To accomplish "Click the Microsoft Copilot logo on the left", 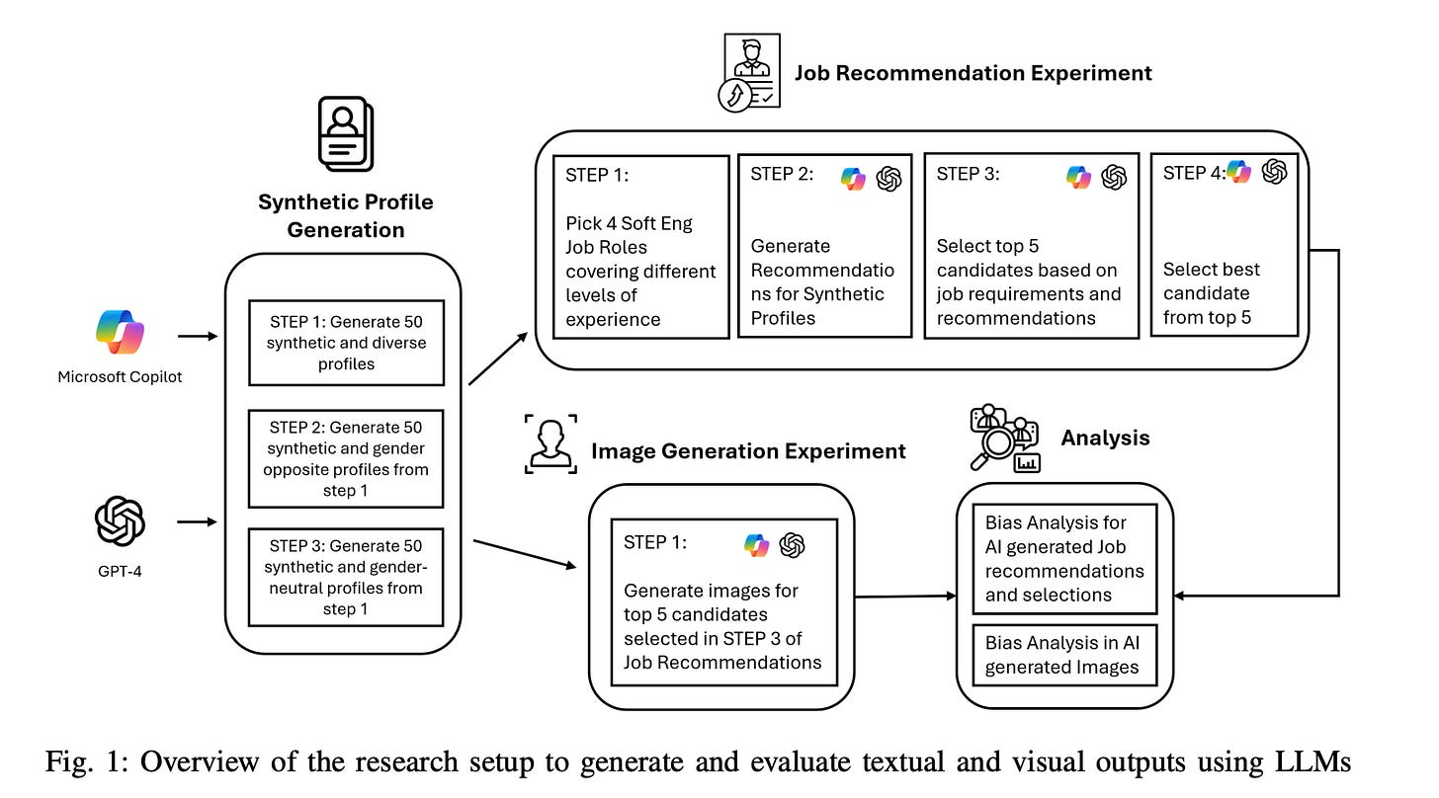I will coord(121,333).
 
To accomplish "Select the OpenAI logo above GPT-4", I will coord(120,521).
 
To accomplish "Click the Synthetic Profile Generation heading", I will coord(345,215).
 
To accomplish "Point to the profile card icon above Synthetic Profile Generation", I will coord(345,135).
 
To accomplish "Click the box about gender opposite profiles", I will coord(346,459).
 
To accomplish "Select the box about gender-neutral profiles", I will coord(346,577).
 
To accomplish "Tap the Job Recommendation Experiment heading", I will coord(973,72).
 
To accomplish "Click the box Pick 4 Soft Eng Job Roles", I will coord(640,247).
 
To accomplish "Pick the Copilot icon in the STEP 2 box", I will coord(852,178).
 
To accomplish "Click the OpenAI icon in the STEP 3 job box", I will coord(1114,177).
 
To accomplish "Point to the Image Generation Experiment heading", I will coord(748,451).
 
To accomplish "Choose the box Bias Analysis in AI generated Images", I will coord(1062,655).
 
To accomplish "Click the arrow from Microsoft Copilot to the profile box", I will coord(199,336).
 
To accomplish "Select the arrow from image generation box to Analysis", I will coord(905,596).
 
